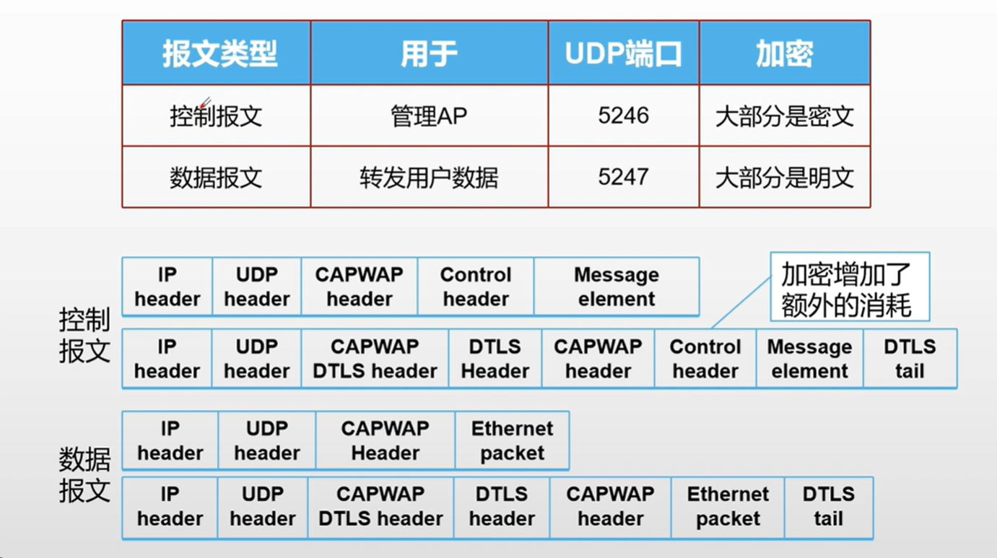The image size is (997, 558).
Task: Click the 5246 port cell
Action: click(x=623, y=115)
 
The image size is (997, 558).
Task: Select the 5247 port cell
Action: click(x=623, y=177)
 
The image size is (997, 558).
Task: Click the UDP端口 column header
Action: click(x=623, y=53)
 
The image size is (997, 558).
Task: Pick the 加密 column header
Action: click(x=784, y=53)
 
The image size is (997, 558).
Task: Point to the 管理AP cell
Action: click(x=429, y=115)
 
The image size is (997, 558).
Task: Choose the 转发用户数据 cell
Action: click(x=429, y=177)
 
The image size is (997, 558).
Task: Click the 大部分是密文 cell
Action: click(x=784, y=115)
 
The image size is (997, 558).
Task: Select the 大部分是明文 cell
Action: click(x=784, y=177)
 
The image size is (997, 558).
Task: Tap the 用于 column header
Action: click(x=429, y=53)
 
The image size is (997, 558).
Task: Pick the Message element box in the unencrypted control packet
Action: click(x=617, y=287)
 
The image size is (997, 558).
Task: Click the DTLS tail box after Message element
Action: click(x=909, y=359)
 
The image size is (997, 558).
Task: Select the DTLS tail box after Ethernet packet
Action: click(x=828, y=507)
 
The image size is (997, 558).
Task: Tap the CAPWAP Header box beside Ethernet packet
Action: click(x=385, y=440)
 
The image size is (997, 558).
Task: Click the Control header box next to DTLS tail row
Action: click(x=705, y=359)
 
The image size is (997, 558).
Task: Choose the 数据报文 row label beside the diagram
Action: click(x=84, y=474)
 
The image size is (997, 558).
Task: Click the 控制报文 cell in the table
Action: click(x=216, y=115)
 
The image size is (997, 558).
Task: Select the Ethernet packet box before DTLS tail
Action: click(x=728, y=507)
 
